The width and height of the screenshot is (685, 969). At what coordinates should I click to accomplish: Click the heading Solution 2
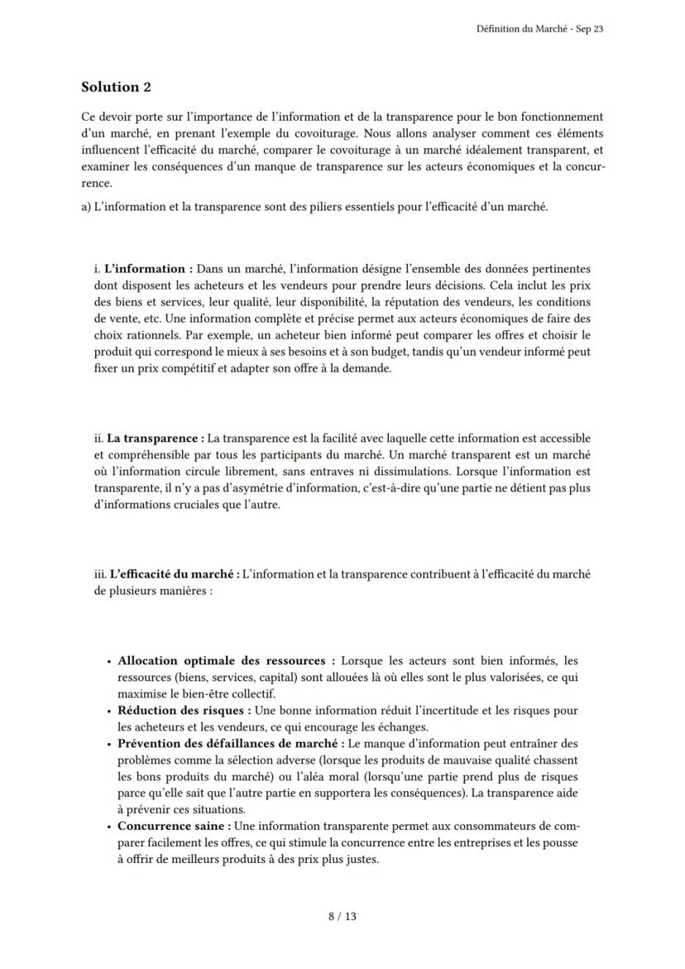(x=116, y=87)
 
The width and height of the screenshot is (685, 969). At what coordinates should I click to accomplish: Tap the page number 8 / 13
(x=342, y=916)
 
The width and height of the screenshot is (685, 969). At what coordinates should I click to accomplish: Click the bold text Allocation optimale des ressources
(x=222, y=660)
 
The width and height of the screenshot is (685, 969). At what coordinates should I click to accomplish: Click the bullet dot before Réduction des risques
(x=109, y=711)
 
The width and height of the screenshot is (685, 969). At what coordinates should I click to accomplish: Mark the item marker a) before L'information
(x=86, y=207)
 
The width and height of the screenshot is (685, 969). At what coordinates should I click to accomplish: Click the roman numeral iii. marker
(x=101, y=573)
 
